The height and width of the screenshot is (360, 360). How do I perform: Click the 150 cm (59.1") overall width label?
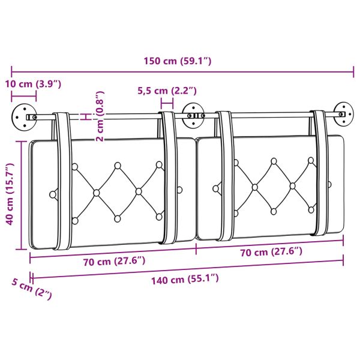tap(178, 61)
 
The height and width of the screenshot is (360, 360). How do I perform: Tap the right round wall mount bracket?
tap(343, 113)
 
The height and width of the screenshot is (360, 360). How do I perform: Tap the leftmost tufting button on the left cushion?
tap(53, 194)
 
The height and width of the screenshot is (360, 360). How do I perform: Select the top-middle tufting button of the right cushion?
tap(274, 161)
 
